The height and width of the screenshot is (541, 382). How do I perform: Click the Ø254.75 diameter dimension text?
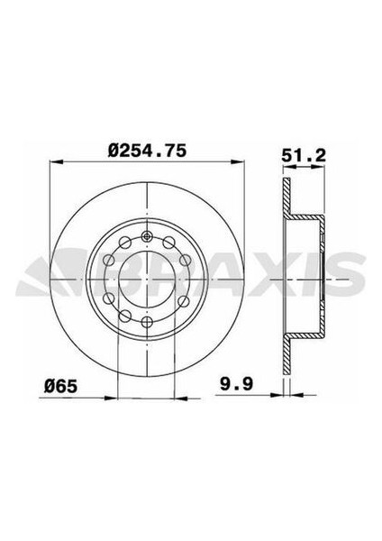tap(146, 152)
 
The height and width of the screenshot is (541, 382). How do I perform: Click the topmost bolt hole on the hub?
tap(147, 238)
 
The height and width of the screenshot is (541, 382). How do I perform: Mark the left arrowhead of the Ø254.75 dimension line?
tap(52, 164)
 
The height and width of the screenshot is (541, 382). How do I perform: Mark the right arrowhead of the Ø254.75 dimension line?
tap(239, 164)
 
